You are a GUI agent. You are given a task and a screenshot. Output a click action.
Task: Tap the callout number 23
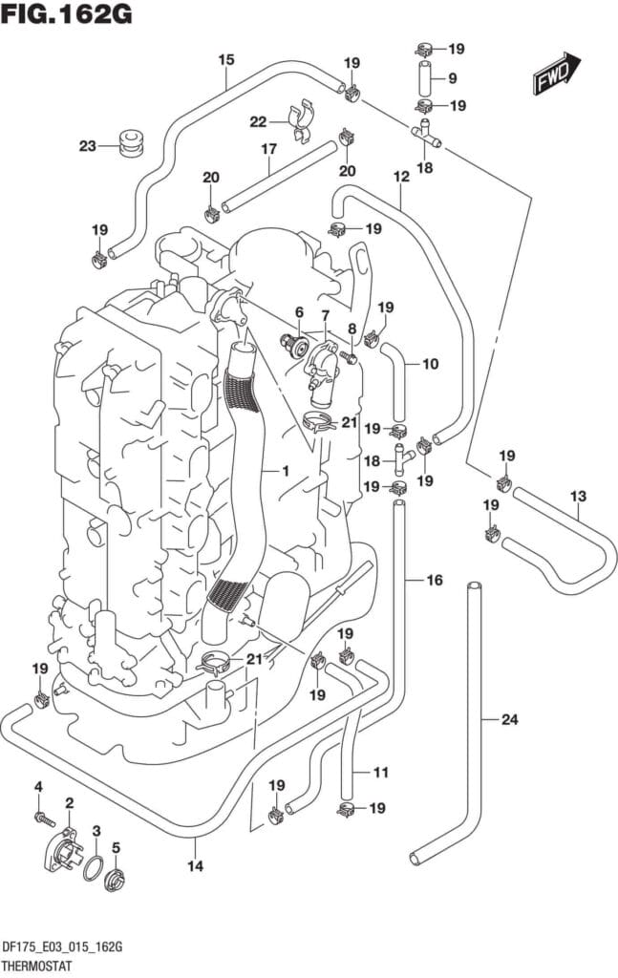88,146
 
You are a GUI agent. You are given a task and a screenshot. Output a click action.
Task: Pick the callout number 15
225,59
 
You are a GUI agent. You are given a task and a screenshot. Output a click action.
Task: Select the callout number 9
453,78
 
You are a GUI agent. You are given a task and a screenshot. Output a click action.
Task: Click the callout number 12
400,177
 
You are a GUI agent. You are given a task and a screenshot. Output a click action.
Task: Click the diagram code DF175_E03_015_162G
66,946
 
